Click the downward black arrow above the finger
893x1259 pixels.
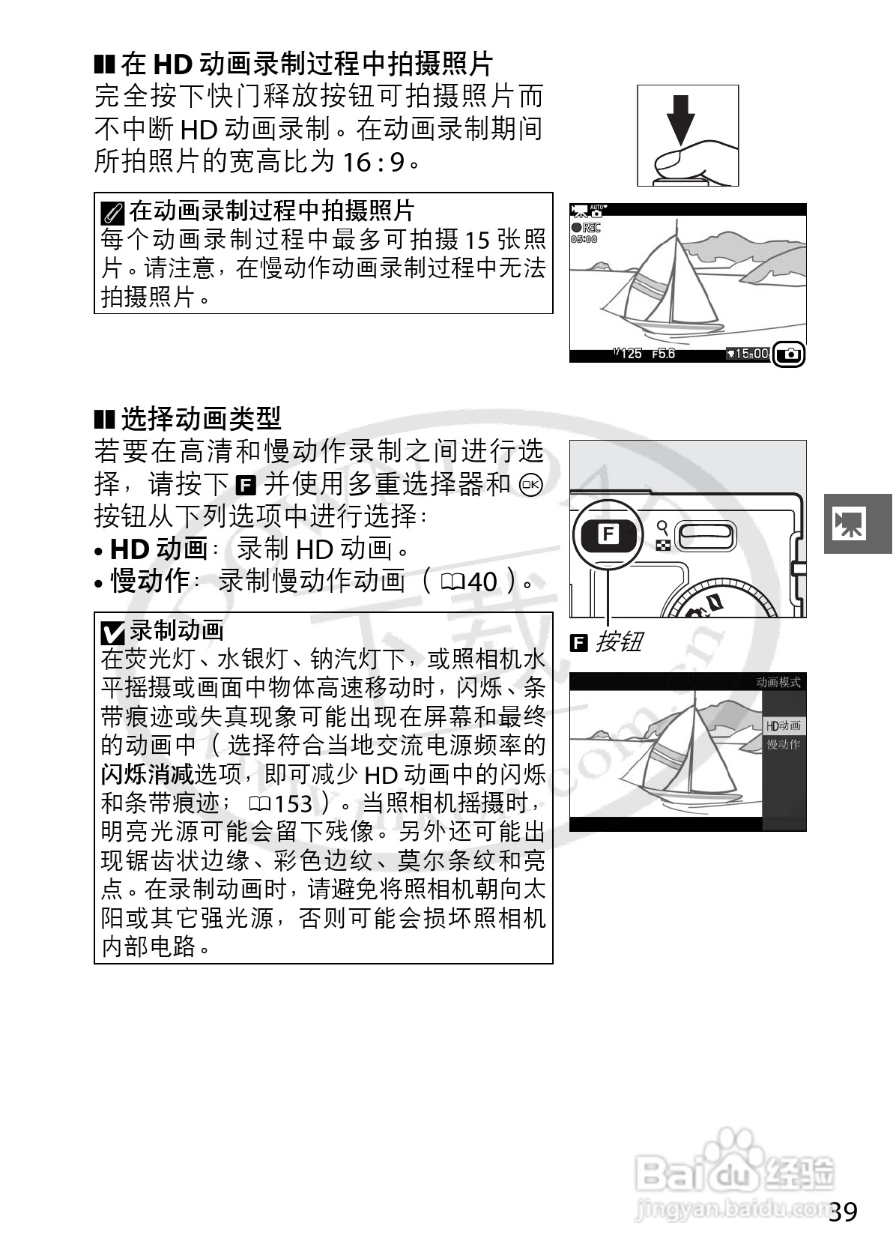coord(680,120)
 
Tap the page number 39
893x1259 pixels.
coord(844,1212)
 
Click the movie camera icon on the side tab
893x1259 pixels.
coord(850,523)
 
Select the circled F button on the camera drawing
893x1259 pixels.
coord(608,535)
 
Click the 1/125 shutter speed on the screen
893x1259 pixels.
coord(627,354)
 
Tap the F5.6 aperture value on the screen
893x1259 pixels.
coord(663,354)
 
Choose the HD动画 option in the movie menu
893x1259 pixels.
coord(783,725)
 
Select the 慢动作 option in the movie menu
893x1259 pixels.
coord(783,744)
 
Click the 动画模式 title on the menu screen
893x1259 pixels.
coord(778,682)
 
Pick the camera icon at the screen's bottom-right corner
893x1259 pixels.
coord(790,354)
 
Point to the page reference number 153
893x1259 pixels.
coord(292,804)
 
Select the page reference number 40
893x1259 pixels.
coord(481,582)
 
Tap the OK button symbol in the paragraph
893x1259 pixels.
coord(530,485)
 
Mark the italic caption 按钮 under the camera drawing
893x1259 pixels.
coord(619,642)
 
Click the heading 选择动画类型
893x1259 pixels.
coord(200,419)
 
